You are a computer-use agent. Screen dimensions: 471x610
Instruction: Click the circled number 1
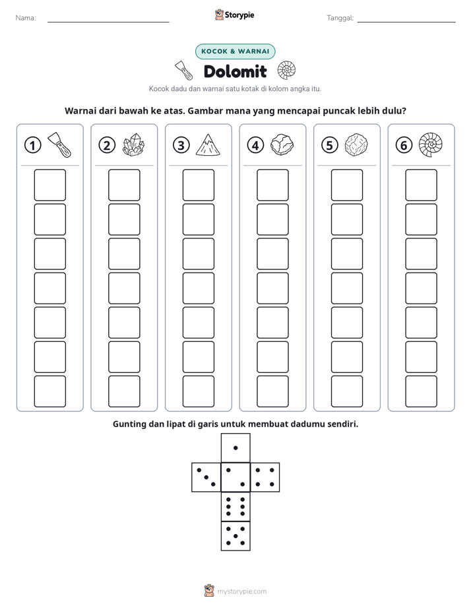32,145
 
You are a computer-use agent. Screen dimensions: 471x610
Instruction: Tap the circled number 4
255,145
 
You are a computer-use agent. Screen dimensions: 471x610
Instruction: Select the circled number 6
404,145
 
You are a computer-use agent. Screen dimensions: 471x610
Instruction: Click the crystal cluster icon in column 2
134,145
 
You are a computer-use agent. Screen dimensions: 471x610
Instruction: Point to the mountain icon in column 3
208,145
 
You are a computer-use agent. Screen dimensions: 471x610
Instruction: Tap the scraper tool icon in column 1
59,145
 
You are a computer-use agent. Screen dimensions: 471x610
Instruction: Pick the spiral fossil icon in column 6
431,145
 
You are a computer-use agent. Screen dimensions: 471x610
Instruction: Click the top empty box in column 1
49,185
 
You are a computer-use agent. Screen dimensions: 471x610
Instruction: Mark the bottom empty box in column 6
422,391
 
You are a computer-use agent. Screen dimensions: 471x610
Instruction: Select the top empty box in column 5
347,185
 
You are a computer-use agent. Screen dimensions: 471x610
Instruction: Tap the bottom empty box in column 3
199,391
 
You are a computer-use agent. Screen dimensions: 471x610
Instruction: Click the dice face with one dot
235,448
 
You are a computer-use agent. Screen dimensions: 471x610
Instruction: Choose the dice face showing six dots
235,506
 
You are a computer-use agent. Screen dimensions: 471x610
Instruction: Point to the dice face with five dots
235,536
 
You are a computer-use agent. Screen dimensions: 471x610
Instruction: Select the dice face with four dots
265,477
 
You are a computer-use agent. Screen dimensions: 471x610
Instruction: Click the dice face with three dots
206,477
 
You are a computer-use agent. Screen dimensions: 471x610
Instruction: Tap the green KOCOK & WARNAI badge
235,51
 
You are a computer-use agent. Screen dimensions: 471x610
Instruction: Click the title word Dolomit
235,71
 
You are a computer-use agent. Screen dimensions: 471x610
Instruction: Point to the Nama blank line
108,22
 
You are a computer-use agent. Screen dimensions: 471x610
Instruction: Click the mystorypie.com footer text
241,592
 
